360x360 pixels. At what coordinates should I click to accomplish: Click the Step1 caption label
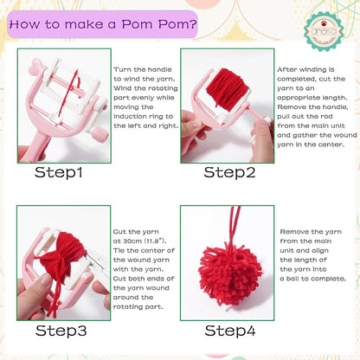pyautogui.click(x=59, y=172)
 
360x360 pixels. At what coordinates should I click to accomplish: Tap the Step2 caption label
pyautogui.click(x=229, y=172)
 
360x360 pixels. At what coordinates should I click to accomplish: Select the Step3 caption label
pyautogui.click(x=61, y=331)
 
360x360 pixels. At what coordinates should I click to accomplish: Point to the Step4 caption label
pyautogui.click(x=230, y=331)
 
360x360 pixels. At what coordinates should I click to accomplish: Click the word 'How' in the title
pyautogui.click(x=25, y=24)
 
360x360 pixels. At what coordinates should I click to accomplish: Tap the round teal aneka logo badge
pyautogui.click(x=324, y=31)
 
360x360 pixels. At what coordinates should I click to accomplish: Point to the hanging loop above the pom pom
pyautogui.click(x=235, y=225)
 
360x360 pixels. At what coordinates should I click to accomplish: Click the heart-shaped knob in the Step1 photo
pyautogui.click(x=38, y=65)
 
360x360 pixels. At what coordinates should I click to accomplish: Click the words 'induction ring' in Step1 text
pyautogui.click(x=143, y=117)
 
